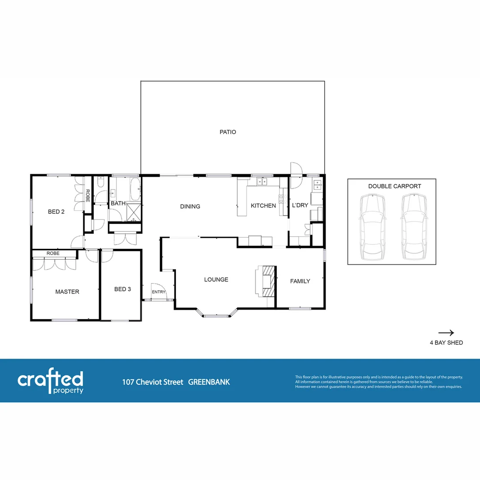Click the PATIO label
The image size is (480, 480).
coord(228,132)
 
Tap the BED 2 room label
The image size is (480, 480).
coord(56,212)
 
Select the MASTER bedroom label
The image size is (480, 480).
coord(67,292)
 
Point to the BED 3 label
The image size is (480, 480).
coord(123,289)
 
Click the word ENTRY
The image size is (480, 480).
coord(159,292)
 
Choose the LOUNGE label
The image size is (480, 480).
coord(216,280)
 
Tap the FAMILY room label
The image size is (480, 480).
coord(300,281)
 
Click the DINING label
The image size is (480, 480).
coord(190,206)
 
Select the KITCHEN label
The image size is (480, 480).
coord(263,205)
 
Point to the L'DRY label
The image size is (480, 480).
coord(300,205)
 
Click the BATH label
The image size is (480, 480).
coord(118,204)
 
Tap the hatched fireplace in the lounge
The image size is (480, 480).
coord(268,281)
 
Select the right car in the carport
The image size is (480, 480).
coord(413,228)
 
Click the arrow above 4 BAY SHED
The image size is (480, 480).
coord(446,332)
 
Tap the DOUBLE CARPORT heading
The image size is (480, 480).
coord(394,186)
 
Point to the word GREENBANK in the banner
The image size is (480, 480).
coord(209,382)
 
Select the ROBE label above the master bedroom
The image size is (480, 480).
coord(52,253)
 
